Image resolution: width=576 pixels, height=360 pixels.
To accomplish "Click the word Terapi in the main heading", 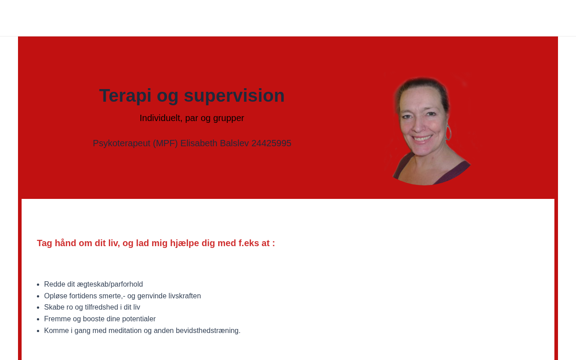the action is (125, 96).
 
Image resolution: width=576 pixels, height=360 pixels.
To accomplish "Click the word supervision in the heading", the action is (234, 96).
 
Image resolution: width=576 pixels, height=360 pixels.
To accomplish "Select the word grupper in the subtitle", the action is (228, 118).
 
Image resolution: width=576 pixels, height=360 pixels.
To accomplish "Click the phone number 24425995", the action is (271, 143).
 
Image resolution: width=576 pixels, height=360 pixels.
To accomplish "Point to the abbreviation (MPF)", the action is (165, 143).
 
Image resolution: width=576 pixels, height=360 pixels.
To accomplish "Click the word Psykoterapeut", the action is (121, 144).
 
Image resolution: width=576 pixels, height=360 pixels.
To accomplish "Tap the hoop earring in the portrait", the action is (448, 132).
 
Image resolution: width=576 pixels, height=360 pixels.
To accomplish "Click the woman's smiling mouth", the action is (422, 139).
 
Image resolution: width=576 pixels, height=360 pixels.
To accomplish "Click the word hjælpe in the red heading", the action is (184, 243).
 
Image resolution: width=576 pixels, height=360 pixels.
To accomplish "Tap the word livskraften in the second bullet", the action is (184, 296).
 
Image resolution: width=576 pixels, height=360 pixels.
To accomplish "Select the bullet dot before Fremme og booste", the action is (38, 319).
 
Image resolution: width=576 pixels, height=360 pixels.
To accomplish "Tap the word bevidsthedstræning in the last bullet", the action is (208, 331).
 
